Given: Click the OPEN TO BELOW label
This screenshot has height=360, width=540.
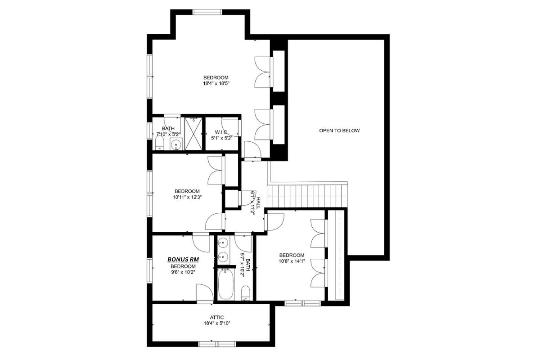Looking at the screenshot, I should [339, 131].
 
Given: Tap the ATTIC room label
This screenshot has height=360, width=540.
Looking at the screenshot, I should [216, 317].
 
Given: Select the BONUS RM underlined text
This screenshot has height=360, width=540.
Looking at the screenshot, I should [183, 260].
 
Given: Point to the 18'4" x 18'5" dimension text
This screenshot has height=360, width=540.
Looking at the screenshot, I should [216, 83].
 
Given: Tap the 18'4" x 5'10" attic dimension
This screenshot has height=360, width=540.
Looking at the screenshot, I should [216, 323].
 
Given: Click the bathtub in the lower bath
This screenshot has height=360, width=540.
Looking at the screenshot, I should [226, 284].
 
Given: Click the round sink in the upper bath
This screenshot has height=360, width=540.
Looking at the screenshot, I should [176, 144].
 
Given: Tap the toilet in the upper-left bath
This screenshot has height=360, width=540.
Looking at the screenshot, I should [159, 144].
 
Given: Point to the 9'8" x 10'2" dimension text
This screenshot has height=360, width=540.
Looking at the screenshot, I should [183, 272].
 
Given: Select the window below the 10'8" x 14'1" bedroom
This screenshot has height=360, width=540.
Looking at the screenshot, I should [302, 303].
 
